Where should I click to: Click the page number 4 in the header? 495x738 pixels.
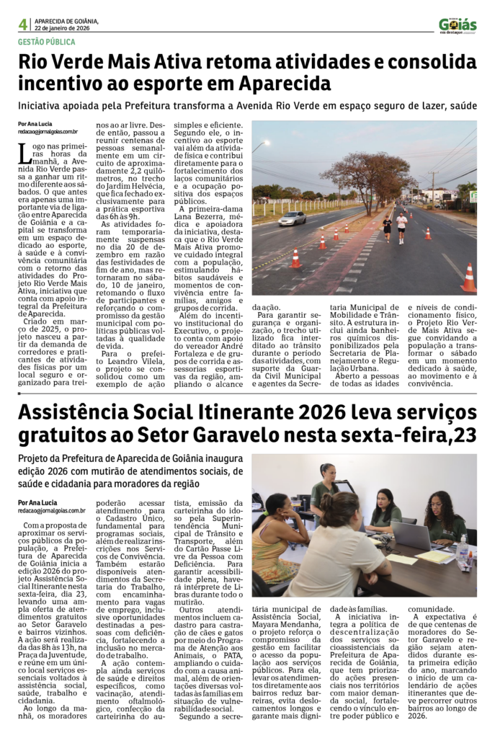point(22,24)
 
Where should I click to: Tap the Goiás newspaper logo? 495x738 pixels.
point(458,25)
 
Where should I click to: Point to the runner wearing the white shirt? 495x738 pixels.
point(401,226)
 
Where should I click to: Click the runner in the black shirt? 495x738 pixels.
point(387,227)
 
